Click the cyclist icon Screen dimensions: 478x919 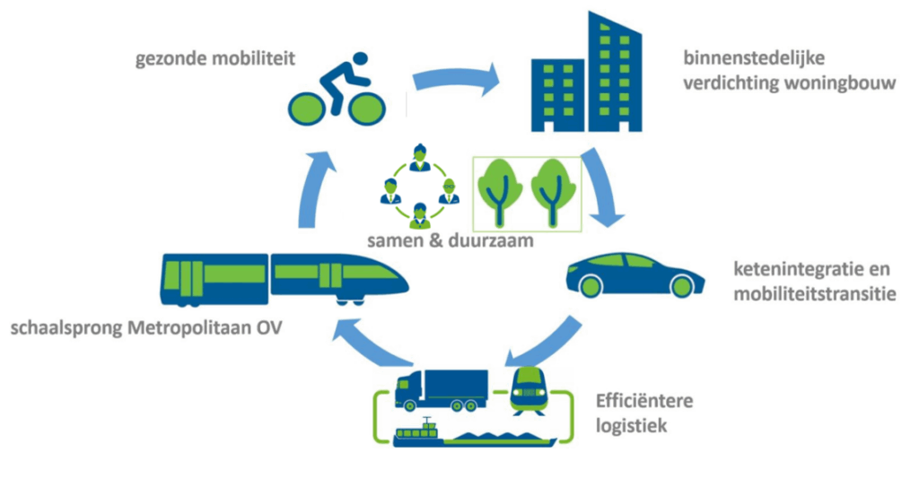click(x=333, y=90)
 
